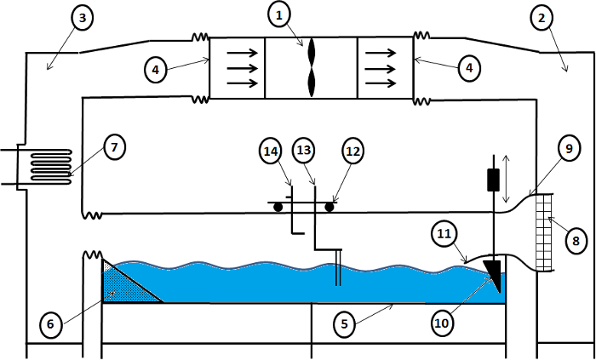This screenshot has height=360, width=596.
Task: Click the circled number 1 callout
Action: pyautogui.click(x=279, y=16)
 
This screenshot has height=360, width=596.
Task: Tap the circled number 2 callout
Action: pyautogui.click(x=542, y=18)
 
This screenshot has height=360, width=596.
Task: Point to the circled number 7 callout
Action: pyautogui.click(x=113, y=148)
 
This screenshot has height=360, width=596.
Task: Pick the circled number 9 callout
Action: pyautogui.click(x=568, y=149)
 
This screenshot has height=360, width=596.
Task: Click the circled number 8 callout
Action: pyautogui.click(x=576, y=241)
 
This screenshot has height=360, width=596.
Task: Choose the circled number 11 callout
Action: pyautogui.click(x=444, y=235)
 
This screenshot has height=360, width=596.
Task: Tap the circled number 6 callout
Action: pyautogui.click(x=51, y=325)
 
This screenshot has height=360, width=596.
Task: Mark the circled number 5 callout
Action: pyautogui.click(x=345, y=324)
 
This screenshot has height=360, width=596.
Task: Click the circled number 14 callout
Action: pyautogui.click(x=271, y=151)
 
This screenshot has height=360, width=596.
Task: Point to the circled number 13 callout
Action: pyautogui.click(x=304, y=151)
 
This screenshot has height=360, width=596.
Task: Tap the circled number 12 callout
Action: pyautogui.click(x=352, y=151)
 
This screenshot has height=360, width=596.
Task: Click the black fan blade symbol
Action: pyautogui.click(x=312, y=67)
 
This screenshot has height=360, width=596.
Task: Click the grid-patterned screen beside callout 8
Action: pyautogui.click(x=543, y=232)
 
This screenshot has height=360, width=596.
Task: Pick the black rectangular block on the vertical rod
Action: pyautogui.click(x=493, y=180)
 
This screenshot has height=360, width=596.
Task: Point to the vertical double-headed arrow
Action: pyautogui.click(x=506, y=179)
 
